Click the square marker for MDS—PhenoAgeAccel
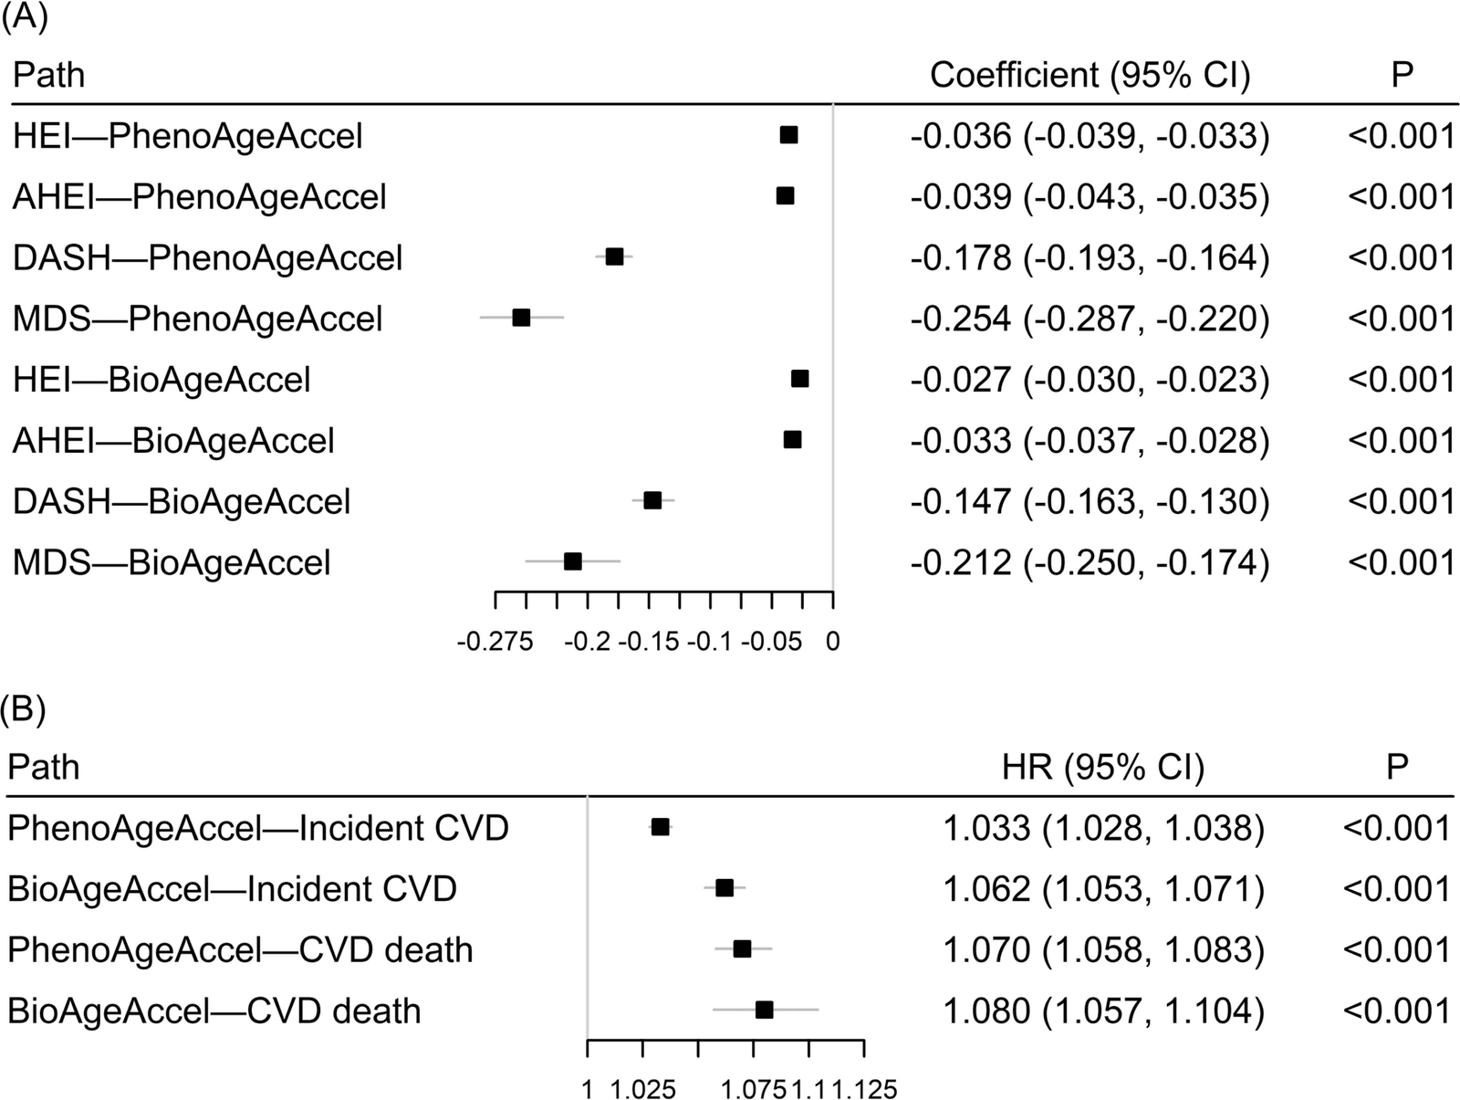pos(521,318)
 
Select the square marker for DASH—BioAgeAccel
pos(652,500)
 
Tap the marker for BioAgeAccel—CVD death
pos(765,1011)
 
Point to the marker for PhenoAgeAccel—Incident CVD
pos(660,827)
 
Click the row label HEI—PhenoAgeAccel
pos(188,136)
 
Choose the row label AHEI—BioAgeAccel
pos(173,441)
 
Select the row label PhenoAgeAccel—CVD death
pos(240,949)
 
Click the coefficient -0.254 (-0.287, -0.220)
pos(1090,319)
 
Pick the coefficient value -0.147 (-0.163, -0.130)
pos(1090,501)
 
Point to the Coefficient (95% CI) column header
pos(1090,75)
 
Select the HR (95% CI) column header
pos(1103,768)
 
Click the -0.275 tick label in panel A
pos(495,642)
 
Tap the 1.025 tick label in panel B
pos(642,1090)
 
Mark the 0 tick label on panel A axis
pos(833,642)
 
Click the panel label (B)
pos(24,710)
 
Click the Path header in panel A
pos(48,75)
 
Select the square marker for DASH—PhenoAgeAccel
pos(614,257)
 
